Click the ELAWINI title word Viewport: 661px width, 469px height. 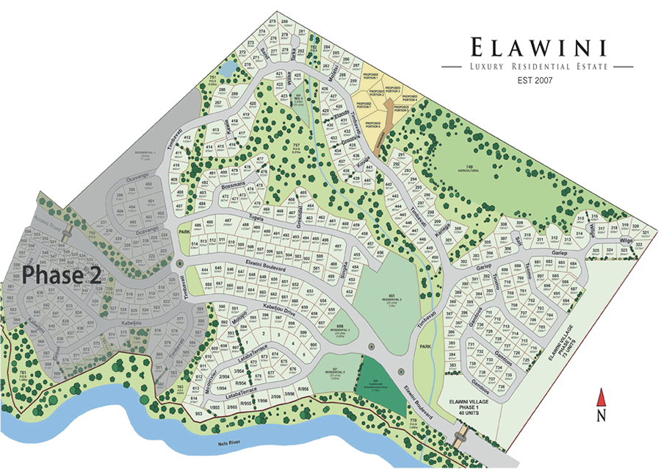coord(539,49)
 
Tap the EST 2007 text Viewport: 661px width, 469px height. coord(538,79)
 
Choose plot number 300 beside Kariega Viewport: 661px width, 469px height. coord(456,229)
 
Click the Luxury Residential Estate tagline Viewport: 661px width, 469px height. coord(538,67)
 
